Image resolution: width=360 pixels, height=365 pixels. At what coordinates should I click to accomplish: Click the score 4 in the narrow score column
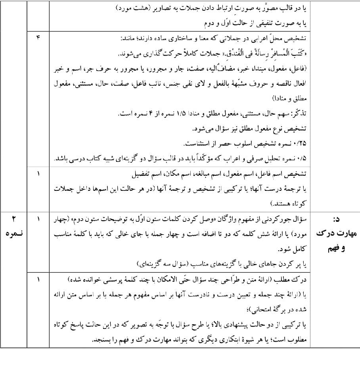point(38,38)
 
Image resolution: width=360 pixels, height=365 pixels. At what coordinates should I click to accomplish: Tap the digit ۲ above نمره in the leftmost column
point(13,219)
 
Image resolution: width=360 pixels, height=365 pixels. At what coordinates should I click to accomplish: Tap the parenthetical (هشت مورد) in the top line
point(131,8)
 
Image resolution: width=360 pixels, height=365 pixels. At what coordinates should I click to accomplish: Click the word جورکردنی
point(278,219)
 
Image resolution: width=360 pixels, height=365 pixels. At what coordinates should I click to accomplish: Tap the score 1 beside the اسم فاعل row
point(38,173)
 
